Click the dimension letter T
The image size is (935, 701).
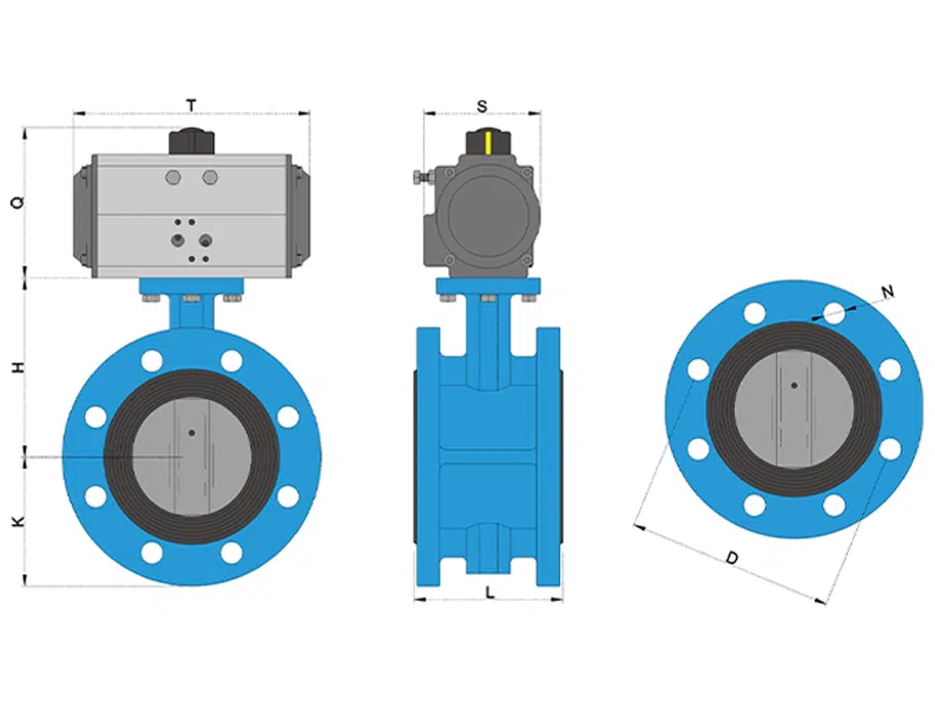(x=192, y=106)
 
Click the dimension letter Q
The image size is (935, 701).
(x=19, y=202)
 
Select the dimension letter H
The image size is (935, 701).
(x=19, y=367)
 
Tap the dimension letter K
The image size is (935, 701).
(x=19, y=522)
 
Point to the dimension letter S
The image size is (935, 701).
(x=482, y=107)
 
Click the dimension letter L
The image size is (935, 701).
(x=490, y=593)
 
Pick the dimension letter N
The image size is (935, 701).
(x=888, y=292)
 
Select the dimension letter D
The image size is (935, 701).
(x=732, y=558)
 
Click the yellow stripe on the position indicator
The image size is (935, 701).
(x=488, y=143)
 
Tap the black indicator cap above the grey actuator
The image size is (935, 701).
(x=192, y=142)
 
